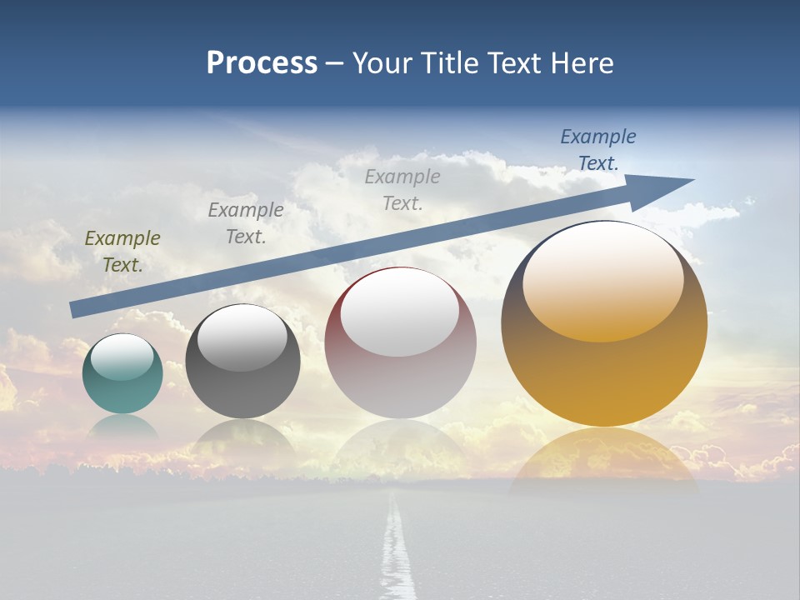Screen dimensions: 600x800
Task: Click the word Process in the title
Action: [x=262, y=63]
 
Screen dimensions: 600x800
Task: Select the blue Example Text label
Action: [x=597, y=150]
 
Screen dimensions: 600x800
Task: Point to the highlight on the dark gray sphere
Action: [x=242, y=337]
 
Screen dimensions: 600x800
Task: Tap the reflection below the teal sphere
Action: [x=122, y=427]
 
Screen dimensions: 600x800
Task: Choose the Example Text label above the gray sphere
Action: [x=246, y=223]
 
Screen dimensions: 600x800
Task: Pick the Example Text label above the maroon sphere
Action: [x=402, y=189]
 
